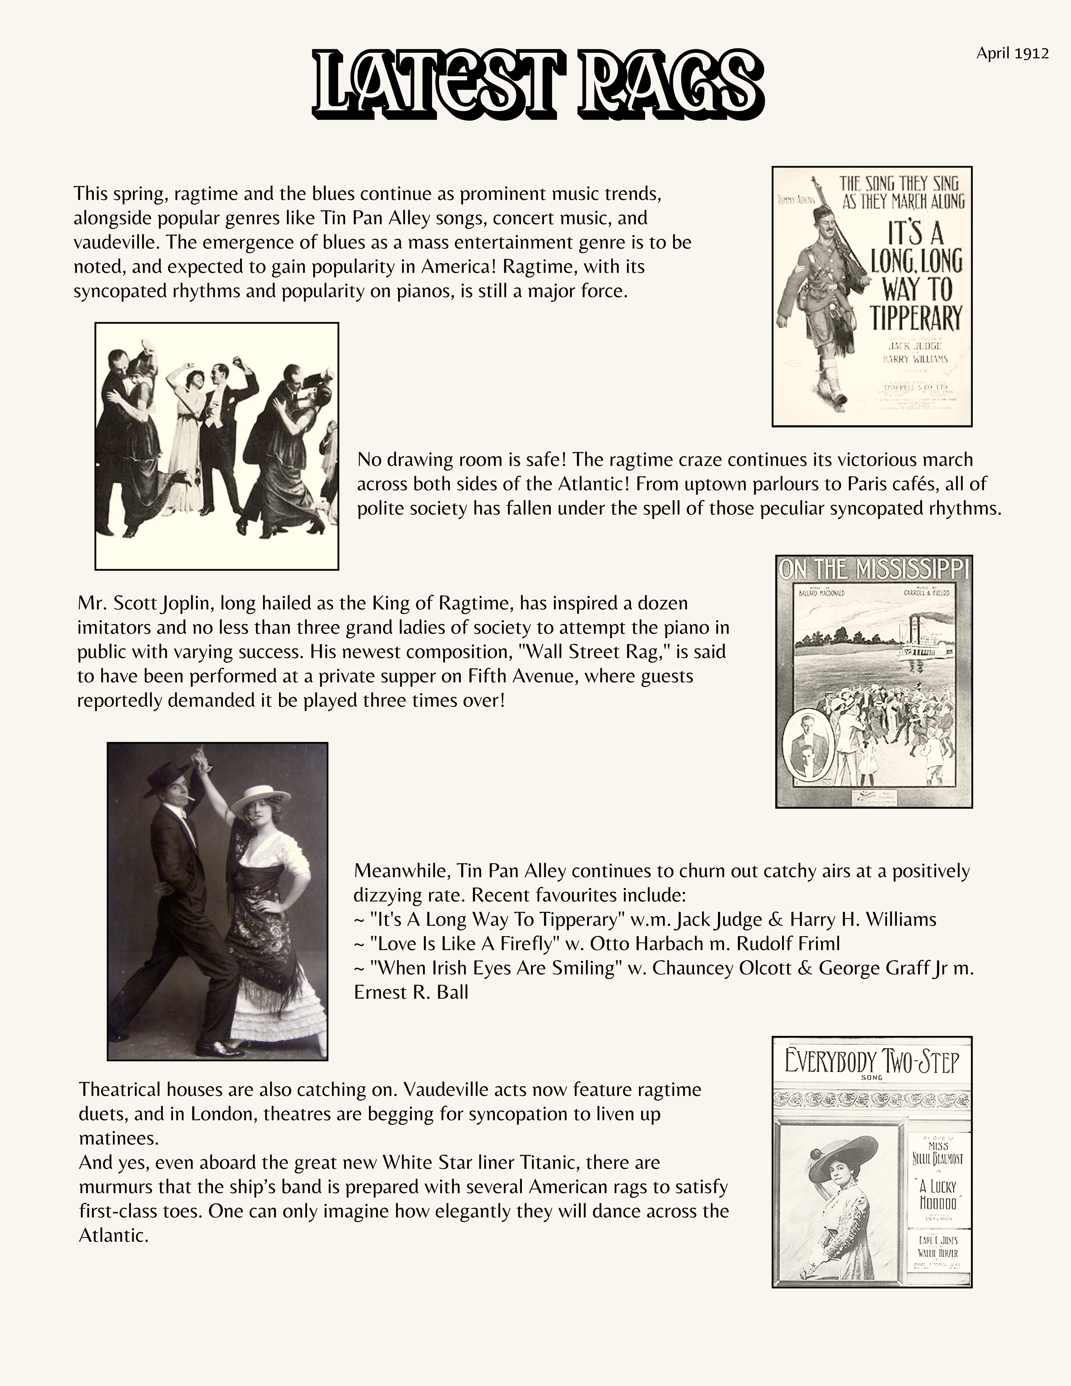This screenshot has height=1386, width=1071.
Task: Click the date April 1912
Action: [x=1012, y=53]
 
